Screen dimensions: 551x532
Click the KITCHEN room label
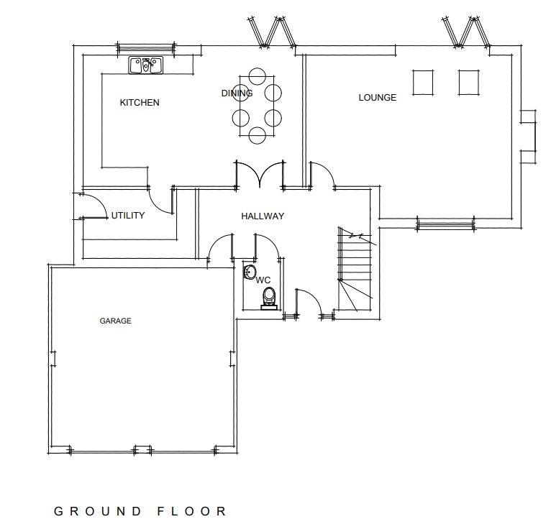140,103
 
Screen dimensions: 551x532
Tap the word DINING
237,93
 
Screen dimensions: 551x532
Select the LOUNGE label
378,98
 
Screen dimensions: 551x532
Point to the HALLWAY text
263,216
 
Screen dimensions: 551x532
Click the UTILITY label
128,215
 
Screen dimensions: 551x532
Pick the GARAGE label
116,321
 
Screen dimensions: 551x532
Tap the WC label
263,280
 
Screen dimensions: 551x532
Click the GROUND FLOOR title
140,511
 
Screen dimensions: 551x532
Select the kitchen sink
146,65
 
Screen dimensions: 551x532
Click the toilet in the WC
269,298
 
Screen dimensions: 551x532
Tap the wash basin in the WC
250,272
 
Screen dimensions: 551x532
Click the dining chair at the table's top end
258,76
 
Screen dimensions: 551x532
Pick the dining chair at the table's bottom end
258,135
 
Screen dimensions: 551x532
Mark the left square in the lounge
423,83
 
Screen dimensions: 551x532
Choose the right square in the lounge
469,83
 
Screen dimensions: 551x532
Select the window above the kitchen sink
146,48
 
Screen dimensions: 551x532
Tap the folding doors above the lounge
466,32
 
